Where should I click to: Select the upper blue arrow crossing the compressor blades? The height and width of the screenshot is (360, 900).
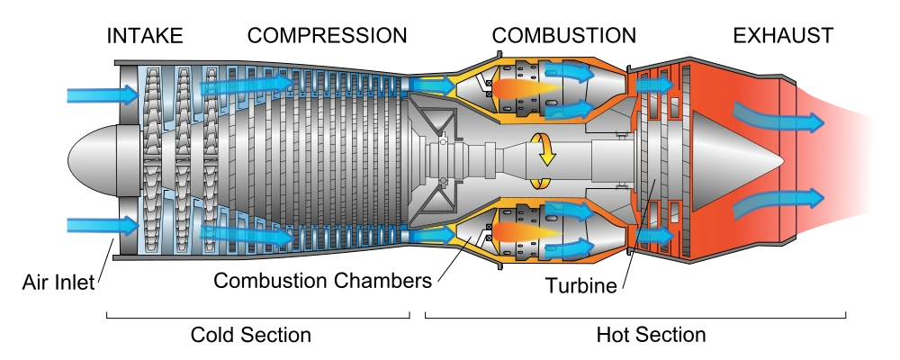coord(247,84)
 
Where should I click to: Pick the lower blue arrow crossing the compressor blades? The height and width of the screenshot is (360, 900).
coord(247,237)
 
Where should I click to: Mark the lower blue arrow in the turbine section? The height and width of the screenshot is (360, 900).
coord(654,236)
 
